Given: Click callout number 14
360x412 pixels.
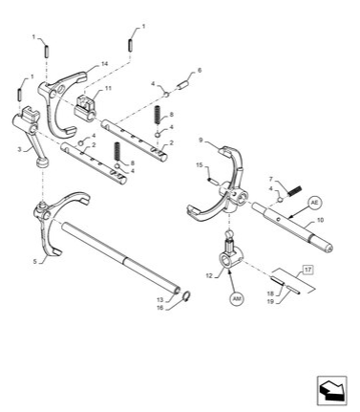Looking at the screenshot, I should (x=104, y=65).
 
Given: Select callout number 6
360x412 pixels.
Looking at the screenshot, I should (x=200, y=70).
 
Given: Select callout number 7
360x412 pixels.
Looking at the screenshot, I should (x=271, y=180).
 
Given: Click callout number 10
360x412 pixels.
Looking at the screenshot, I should (x=319, y=220).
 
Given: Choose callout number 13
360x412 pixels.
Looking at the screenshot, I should (x=160, y=298).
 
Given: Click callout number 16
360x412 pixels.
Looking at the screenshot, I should (x=160, y=307).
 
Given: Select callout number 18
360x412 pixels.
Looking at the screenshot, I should (x=269, y=293).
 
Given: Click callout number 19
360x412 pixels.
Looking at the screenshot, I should (x=269, y=301).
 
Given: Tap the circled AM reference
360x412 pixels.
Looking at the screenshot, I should (x=237, y=298).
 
